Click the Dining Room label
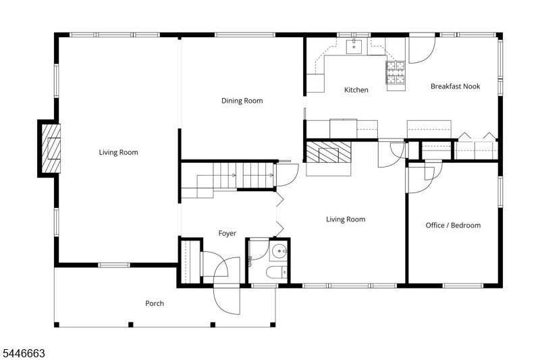point(242,101)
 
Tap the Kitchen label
point(356,90)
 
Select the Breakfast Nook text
point(455,86)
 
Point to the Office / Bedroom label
point(453,226)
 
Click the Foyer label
point(227,234)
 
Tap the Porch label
point(155,303)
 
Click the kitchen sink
point(354,47)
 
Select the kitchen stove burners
point(396,72)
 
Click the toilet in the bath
point(277,272)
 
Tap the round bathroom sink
point(278,251)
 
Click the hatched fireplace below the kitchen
point(329,152)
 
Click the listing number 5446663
point(24,353)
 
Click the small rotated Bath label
point(250,261)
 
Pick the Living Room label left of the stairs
point(119,152)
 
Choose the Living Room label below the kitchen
point(346,220)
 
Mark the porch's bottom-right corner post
point(273,324)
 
